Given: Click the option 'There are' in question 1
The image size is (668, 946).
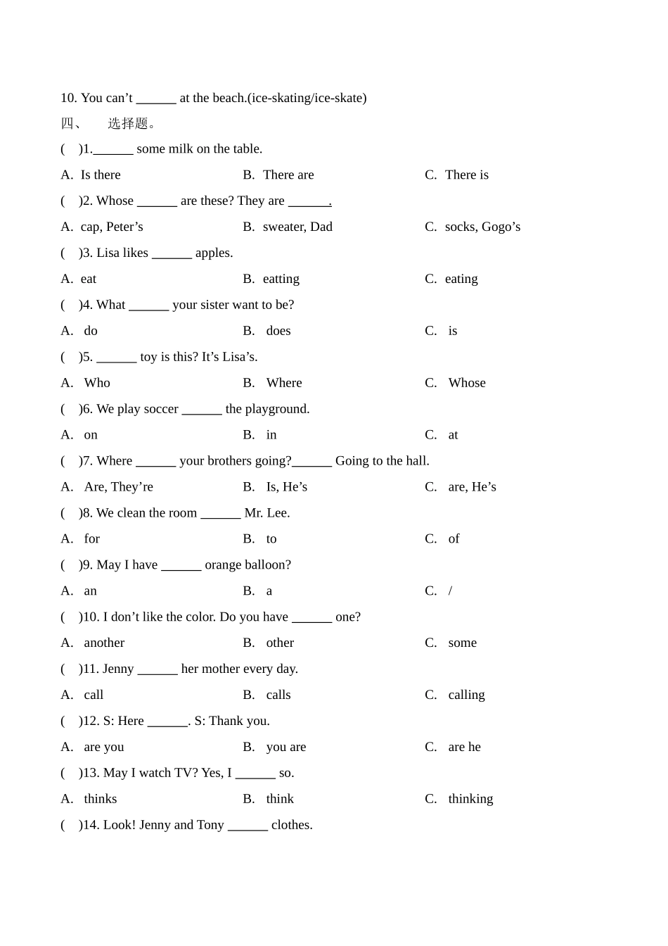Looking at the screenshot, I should (x=288, y=175).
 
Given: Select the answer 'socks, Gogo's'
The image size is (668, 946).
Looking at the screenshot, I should (x=482, y=227).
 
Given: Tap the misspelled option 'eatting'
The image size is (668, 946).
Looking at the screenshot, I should (x=281, y=279).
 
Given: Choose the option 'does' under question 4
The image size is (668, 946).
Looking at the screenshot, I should (x=278, y=331).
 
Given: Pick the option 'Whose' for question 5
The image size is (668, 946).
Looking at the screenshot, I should (x=467, y=383).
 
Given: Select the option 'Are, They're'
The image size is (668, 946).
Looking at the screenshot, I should (x=118, y=487).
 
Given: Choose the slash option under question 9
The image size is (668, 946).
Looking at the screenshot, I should (x=450, y=591).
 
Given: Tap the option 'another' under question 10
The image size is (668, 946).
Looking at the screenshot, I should (x=104, y=643).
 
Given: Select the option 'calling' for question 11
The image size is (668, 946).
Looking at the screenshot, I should (x=466, y=695).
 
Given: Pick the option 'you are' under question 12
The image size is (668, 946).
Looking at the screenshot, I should (x=285, y=747).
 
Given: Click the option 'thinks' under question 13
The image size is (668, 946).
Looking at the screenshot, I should (x=101, y=799).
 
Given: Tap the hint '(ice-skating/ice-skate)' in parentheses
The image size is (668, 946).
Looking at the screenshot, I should (x=307, y=98).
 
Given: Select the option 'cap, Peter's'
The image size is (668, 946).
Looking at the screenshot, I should (x=112, y=227).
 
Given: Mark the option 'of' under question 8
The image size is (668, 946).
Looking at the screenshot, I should (x=454, y=539).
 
